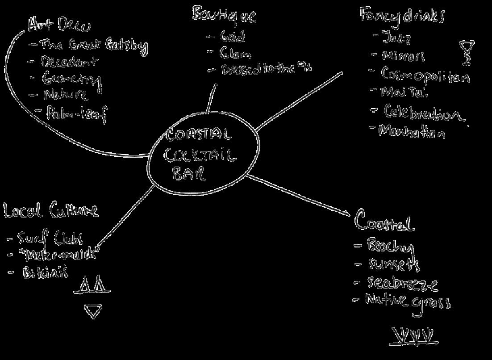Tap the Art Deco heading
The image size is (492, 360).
point(59,25)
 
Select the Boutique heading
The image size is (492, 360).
point(224,15)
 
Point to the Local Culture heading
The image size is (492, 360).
point(51,210)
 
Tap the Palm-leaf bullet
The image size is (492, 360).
point(76,113)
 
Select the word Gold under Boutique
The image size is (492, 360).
point(233,37)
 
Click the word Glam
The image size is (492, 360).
point(235,54)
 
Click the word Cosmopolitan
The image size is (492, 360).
point(425,75)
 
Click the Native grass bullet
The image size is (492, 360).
point(408,300)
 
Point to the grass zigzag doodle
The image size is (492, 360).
point(413,336)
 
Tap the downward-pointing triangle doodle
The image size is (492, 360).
point(93,311)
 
